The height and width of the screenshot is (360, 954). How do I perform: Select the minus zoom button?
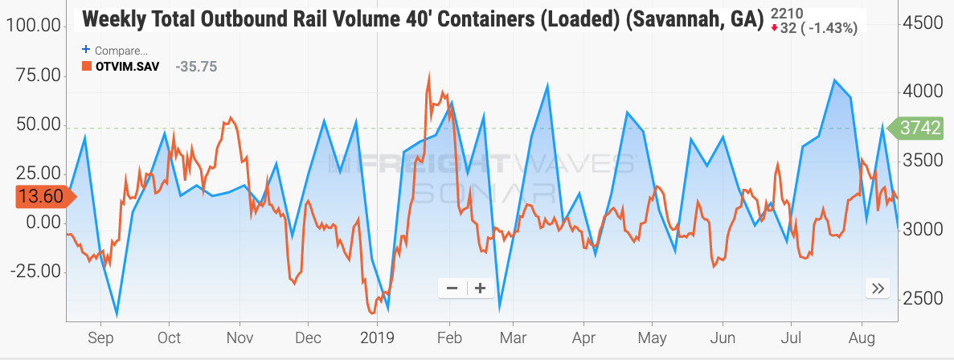pyautogui.click(x=452, y=288)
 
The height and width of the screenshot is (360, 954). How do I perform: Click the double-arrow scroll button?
pyautogui.click(x=877, y=288)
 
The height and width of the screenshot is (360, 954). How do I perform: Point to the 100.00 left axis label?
pyautogui.click(x=34, y=27)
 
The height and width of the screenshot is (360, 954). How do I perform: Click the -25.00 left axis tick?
pyautogui.click(x=34, y=271)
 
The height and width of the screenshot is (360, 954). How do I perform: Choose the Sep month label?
pyautogui.click(x=100, y=337)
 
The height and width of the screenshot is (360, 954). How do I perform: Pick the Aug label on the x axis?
pyautogui.click(x=862, y=337)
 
